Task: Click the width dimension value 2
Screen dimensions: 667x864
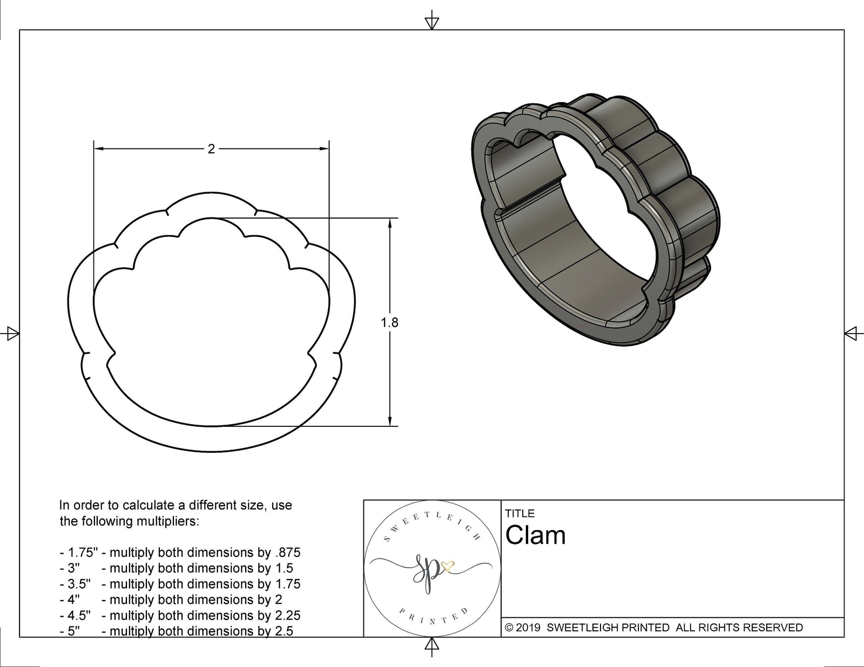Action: (x=211, y=149)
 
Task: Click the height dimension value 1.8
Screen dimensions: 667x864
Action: (x=389, y=323)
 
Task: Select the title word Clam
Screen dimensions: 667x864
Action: (x=535, y=535)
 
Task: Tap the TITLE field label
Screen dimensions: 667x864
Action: (x=519, y=513)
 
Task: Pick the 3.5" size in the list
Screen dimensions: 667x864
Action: (x=79, y=584)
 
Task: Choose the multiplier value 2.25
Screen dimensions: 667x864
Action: (x=286, y=615)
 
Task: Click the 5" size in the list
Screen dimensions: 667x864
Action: (x=73, y=631)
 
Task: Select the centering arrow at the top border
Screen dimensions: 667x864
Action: (x=431, y=22)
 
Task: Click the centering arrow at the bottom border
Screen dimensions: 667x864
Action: (x=431, y=645)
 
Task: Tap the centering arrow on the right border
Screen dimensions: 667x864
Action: (x=852, y=333)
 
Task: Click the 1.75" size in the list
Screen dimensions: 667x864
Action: (x=79, y=553)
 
